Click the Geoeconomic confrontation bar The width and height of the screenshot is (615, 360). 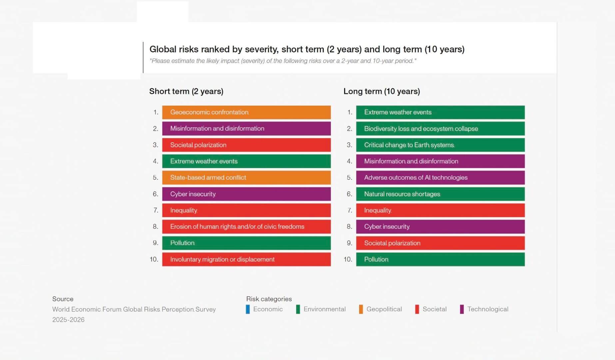[246, 112]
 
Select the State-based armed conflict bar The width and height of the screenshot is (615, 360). [246, 178]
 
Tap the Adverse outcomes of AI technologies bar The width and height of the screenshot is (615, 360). [440, 178]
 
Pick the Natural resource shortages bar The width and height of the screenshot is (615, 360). [440, 194]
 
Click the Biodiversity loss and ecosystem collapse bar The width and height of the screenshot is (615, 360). [440, 129]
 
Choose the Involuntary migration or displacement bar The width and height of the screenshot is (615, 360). [246, 259]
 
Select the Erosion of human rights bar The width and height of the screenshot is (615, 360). [246, 227]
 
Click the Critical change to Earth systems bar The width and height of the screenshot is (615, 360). [440, 145]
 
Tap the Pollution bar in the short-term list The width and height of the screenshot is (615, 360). [246, 243]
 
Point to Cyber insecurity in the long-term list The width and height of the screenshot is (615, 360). [440, 227]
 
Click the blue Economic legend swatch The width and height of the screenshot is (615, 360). [248, 309]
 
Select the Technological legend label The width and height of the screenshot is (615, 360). [487, 309]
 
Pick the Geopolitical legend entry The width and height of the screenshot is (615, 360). [384, 309]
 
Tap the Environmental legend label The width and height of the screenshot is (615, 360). [324, 309]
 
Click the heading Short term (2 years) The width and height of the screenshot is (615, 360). [186, 91]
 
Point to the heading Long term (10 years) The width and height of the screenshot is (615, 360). [381, 91]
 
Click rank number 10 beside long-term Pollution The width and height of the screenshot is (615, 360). [347, 259]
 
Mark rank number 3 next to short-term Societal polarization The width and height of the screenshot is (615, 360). [155, 145]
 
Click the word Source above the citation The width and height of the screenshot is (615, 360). [63, 299]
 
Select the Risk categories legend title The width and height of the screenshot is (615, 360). [269, 299]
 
